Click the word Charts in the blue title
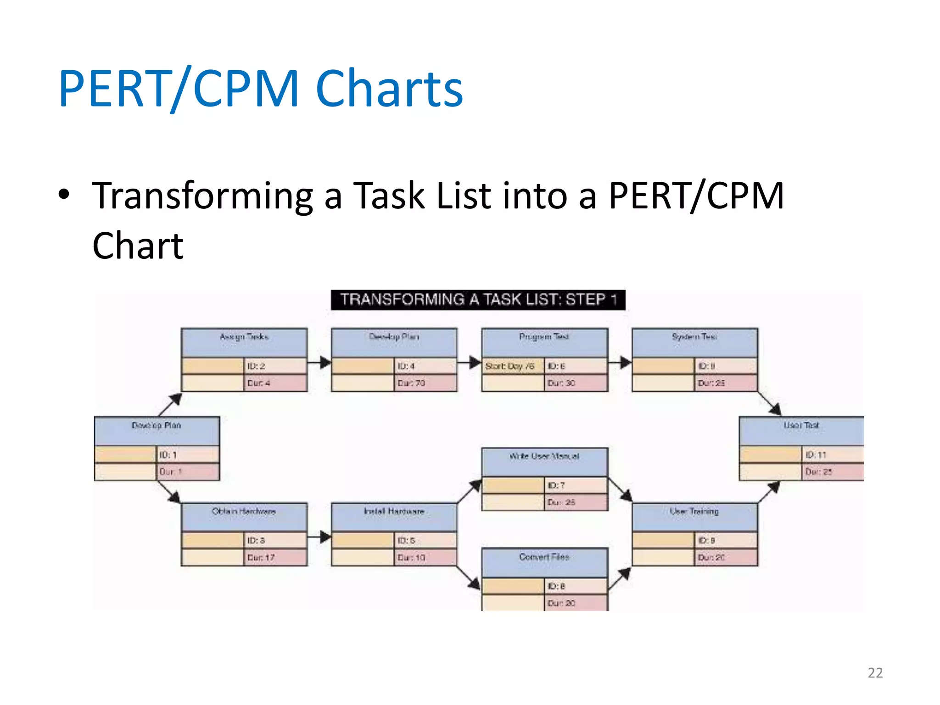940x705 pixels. coord(389,88)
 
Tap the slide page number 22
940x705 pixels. coord(875,672)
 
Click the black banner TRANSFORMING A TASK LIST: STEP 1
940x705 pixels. coord(478,300)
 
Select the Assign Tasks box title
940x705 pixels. coord(244,337)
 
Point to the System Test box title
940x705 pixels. coord(694,337)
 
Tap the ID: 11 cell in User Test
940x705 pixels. coord(832,455)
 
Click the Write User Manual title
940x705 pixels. coord(544,457)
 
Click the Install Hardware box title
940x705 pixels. coord(394,512)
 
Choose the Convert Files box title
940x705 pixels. coord(544,557)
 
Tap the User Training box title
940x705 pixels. coord(694,512)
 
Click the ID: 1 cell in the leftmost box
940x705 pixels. coord(187,455)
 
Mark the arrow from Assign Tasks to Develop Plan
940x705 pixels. coord(319,363)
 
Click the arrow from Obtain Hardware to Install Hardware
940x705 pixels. coord(319,537)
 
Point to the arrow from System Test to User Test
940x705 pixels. coord(769,404)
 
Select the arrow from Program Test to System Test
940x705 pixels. coord(620,363)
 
